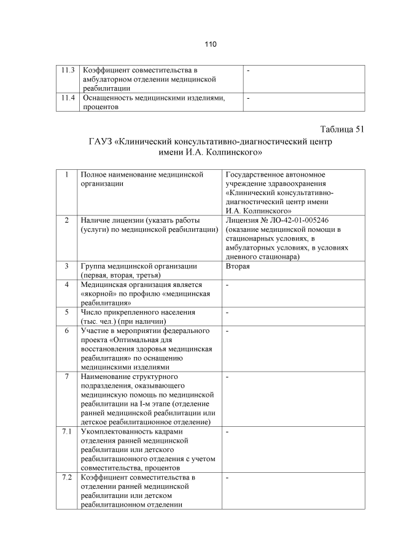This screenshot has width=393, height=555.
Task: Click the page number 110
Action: pyautogui.click(x=211, y=44)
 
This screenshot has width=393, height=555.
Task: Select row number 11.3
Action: pyautogui.click(x=68, y=71)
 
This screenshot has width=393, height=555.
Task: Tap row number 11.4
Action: pyautogui.click(x=68, y=98)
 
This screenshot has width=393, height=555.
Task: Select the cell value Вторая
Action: pyautogui.click(x=238, y=266)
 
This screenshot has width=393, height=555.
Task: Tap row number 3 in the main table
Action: pyautogui.click(x=66, y=266)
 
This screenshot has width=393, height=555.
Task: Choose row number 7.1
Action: pyautogui.click(x=67, y=432)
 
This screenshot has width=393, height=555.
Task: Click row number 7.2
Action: pyautogui.click(x=67, y=477)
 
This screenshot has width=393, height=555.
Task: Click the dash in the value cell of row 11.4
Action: pyautogui.click(x=248, y=98)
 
